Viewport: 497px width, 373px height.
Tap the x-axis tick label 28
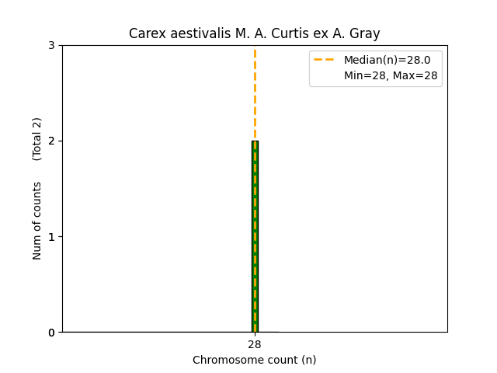pos(255,344)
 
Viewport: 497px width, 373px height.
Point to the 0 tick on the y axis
pos(51,333)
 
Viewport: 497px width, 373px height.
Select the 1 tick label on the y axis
pos(51,237)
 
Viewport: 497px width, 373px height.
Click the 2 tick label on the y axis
pos(51,141)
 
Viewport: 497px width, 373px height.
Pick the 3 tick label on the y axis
pos(51,46)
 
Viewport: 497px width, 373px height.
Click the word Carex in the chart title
pos(145,33)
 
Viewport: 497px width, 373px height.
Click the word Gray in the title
pos(365,33)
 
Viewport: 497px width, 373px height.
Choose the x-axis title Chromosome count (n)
pos(255,360)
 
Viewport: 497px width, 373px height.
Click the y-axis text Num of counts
pos(37,221)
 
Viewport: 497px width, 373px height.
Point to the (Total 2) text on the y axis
pos(37,139)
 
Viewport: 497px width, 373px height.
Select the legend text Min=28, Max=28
pos(391,75)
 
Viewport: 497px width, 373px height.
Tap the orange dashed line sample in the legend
pos(325,60)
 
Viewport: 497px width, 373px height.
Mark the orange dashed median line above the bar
pos(255,93)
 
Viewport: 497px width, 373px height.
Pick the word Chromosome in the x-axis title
pos(224,360)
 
